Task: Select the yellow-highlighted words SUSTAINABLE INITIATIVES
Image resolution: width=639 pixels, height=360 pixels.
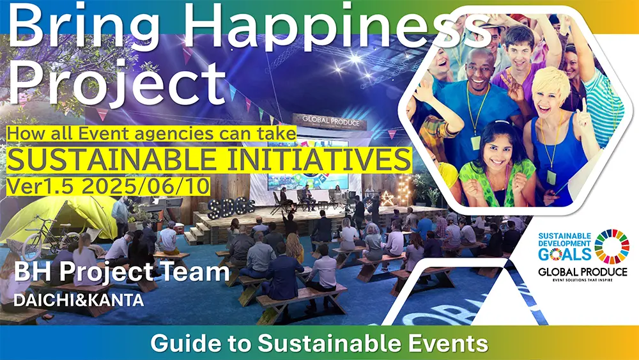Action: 209,160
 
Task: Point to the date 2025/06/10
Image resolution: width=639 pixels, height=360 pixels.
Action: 146,186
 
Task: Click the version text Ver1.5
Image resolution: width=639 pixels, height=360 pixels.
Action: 42,186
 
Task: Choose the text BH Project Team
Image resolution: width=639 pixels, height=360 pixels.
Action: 122,272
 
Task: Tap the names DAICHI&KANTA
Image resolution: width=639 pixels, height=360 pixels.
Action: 79,300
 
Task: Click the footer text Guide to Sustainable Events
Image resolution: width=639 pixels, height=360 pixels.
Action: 319,343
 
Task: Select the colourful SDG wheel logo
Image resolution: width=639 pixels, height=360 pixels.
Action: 612,246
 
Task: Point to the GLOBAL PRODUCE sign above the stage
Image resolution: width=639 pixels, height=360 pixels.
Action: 331,121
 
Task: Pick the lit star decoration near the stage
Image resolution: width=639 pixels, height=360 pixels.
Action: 387,199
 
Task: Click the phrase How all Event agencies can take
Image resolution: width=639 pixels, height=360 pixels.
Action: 151,134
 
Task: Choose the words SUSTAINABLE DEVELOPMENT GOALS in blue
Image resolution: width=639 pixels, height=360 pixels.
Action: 564,246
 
